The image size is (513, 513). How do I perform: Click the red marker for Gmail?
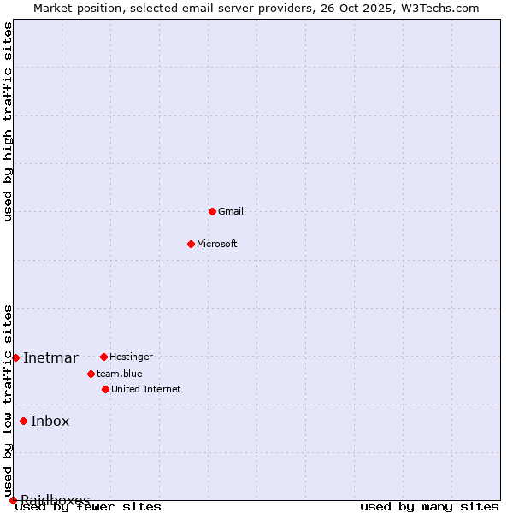212,211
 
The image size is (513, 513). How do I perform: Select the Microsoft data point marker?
192,244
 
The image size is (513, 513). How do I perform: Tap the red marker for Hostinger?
103,357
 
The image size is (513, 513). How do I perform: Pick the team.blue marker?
91,374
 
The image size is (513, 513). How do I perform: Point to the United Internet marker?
105,389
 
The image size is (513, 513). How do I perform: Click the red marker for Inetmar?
15,357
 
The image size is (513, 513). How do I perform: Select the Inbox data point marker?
23,421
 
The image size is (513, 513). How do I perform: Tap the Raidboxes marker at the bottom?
13,500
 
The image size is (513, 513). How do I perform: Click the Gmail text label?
231,211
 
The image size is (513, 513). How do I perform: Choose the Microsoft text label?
217,244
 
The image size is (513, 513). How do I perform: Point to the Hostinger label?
131,357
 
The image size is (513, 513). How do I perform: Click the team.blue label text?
120,374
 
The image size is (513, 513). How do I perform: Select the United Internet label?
146,389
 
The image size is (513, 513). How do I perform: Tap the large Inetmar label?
50,357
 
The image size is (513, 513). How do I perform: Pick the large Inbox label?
50,421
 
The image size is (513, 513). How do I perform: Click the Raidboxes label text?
56,499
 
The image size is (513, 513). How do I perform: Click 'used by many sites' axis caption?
429,507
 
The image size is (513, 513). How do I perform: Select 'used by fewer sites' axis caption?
89,507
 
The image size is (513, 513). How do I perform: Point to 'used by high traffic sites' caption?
9,121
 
